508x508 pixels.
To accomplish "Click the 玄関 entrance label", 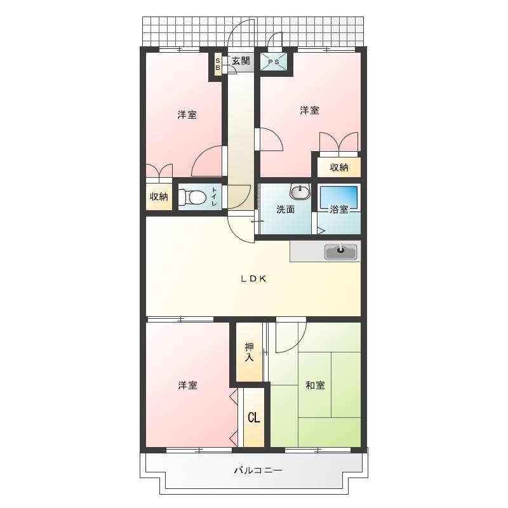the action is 241,61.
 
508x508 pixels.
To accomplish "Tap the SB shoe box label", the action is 218,64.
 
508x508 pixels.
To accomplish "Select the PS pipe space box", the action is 274,62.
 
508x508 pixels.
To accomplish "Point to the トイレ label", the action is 214,197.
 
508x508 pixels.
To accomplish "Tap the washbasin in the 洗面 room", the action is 300,191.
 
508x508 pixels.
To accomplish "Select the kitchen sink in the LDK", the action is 340,251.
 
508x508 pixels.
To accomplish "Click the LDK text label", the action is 253,279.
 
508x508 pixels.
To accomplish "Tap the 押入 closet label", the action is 249,352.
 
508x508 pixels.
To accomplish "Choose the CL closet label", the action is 253,418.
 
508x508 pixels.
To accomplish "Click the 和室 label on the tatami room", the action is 315,385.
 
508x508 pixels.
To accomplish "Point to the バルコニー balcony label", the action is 258,470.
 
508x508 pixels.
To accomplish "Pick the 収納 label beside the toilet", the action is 159,197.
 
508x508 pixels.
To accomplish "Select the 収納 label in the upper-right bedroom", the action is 339,168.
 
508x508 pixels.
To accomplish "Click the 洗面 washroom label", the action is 285,210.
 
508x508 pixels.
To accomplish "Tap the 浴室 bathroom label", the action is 339,210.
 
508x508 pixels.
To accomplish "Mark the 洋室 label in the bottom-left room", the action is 187,385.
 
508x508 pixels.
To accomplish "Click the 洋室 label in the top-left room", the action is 187,115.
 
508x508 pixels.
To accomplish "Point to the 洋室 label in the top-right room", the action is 309,110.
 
